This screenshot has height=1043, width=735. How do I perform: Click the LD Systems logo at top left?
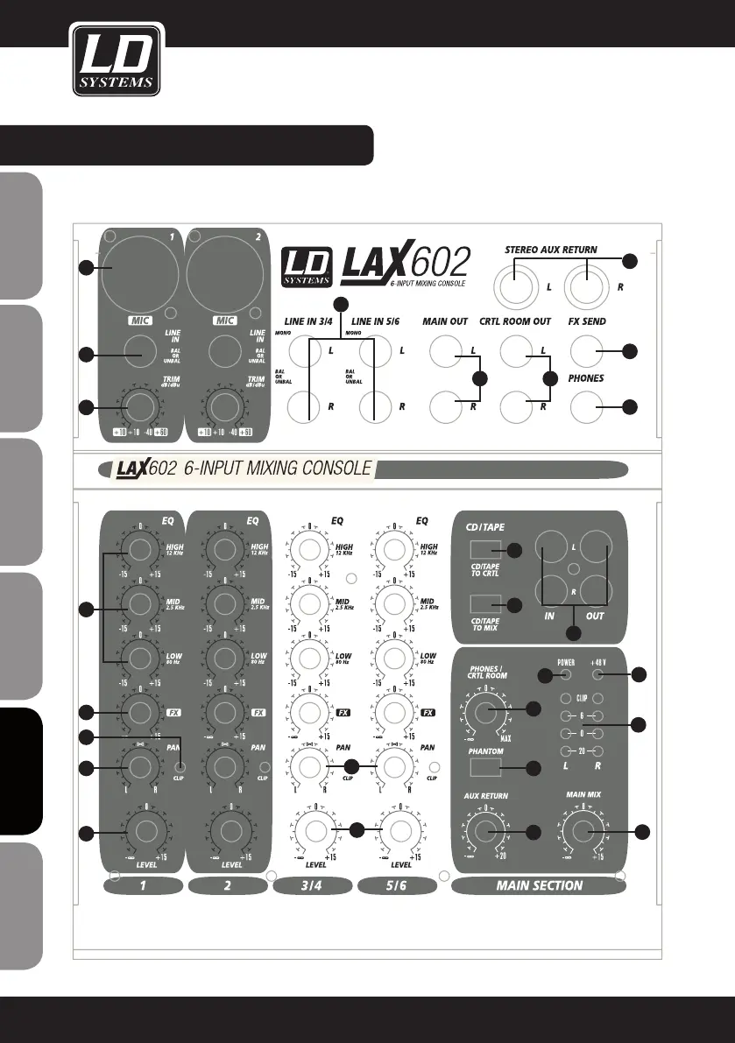coord(117,60)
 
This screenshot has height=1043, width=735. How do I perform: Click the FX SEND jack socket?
coord(587,352)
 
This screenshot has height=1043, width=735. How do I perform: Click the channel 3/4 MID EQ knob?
coord(309,603)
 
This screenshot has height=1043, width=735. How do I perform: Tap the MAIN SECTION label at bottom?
coord(539,885)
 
